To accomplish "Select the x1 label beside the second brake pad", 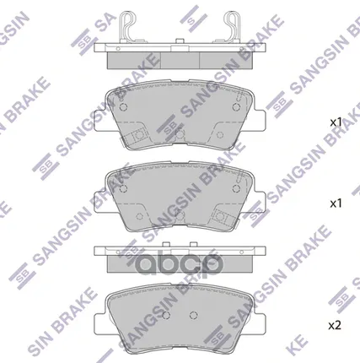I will pos(336,203).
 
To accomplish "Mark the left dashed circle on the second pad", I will pos(123,192).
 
